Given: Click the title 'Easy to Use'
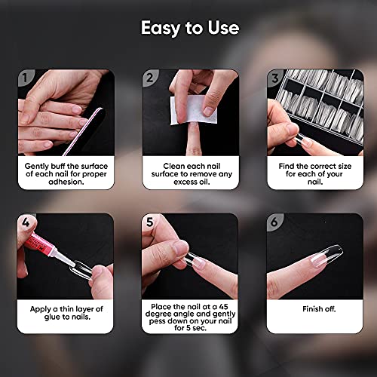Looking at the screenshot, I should point(189,29).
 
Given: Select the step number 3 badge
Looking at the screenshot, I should point(277,77).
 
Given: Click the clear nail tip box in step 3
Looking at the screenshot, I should point(317,106).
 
